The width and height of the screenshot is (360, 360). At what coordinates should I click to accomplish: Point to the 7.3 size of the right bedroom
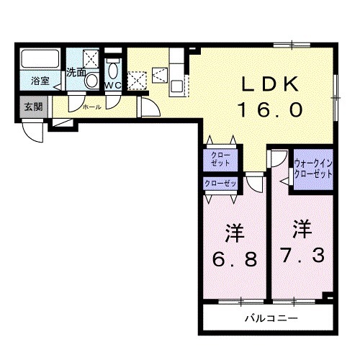pyautogui.click(x=297, y=254)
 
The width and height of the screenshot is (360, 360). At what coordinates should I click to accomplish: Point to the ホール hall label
pyautogui.click(x=91, y=107)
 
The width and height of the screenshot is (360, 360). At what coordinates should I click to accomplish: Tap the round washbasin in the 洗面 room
pyautogui.click(x=91, y=81)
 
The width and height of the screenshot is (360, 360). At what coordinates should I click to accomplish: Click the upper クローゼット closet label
pyautogui.click(x=217, y=160)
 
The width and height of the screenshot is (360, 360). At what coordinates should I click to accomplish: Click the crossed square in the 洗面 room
pyautogui.click(x=91, y=58)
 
